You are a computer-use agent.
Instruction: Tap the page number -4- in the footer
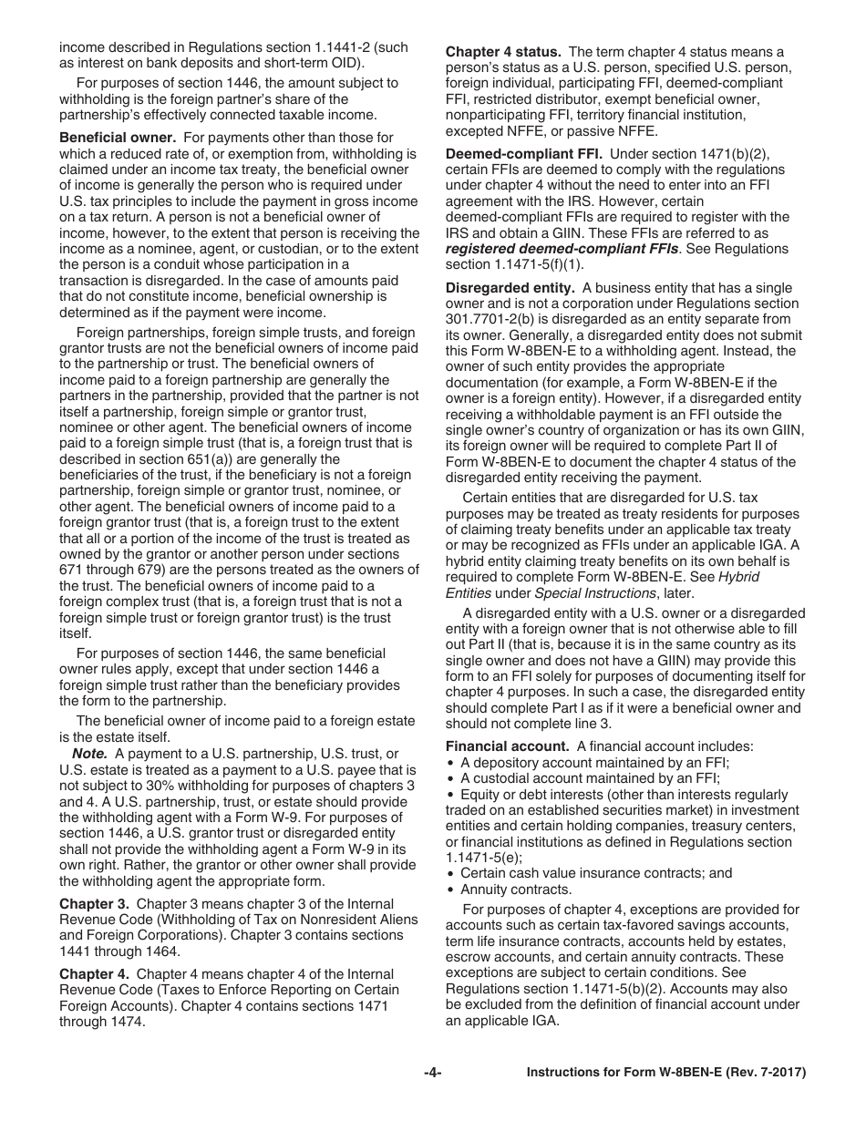click(x=433, y=1073)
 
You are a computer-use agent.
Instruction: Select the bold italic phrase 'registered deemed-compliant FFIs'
click(x=561, y=247)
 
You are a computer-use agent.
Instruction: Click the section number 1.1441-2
click(x=343, y=46)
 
